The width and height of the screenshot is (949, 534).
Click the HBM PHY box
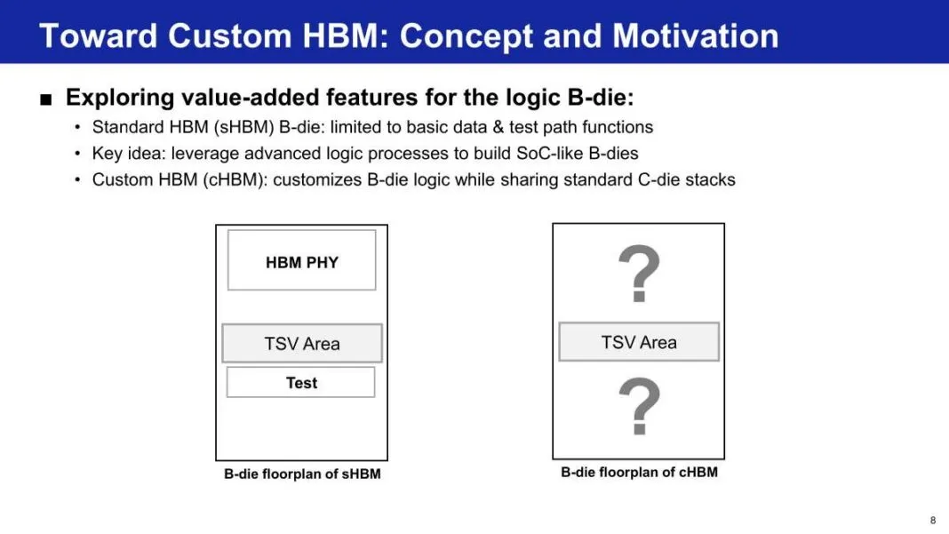coord(301,260)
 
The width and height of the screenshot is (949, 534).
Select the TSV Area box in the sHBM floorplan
coord(302,343)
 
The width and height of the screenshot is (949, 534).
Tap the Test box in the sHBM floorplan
coord(301,383)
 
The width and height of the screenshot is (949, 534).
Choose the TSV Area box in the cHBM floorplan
coord(639,342)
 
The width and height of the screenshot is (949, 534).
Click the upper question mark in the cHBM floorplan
coord(639,274)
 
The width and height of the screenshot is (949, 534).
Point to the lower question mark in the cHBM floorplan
coord(639,406)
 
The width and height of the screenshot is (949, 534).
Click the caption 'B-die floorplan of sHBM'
coord(302,474)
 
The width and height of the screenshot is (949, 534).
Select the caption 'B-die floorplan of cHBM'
coord(639,472)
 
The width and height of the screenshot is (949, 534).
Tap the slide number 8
coord(933,520)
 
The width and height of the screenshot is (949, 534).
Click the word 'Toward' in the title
coord(98,36)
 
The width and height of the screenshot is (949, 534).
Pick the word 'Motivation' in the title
coord(696,36)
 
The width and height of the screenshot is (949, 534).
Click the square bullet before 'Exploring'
coord(46,100)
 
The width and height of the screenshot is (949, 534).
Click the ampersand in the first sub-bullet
coord(498,127)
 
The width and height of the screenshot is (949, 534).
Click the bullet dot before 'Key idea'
coord(77,154)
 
